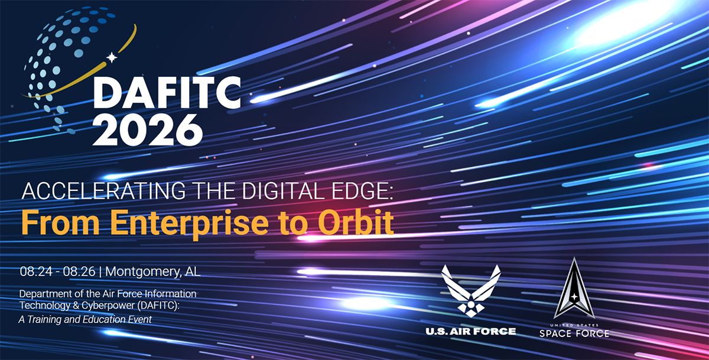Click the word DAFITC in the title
tap(167, 92)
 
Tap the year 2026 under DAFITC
tap(148, 130)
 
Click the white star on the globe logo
tap(112, 57)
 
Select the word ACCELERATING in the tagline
tap(103, 191)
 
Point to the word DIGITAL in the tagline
tap(277, 191)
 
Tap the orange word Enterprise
tap(189, 223)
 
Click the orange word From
tap(60, 222)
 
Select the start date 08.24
tap(36, 271)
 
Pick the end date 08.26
tap(79, 271)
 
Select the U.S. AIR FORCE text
tap(471, 331)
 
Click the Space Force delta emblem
tap(574, 288)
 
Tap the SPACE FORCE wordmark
tap(574, 333)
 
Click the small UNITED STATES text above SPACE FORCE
tap(574, 325)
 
